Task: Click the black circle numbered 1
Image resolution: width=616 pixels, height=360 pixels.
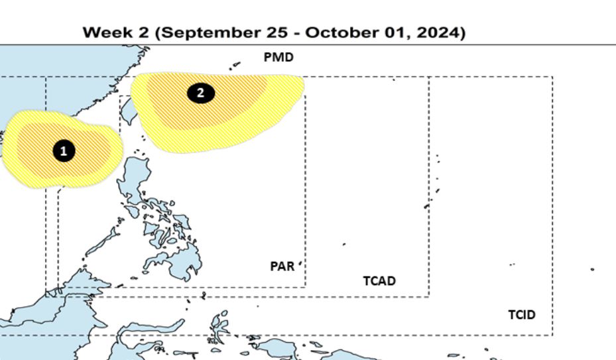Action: click(64, 151)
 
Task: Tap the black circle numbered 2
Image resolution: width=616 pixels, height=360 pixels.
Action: click(200, 93)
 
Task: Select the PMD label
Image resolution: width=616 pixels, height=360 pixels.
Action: click(278, 58)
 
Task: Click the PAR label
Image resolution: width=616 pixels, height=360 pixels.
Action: click(282, 266)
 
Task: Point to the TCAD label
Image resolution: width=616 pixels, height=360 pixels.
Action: click(379, 281)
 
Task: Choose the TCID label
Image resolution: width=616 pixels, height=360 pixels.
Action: click(522, 315)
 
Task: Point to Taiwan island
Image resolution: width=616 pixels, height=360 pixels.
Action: click(128, 109)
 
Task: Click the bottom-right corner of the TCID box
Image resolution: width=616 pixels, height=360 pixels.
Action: click(552, 335)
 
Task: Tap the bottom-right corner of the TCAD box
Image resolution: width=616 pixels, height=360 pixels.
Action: click(428, 296)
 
